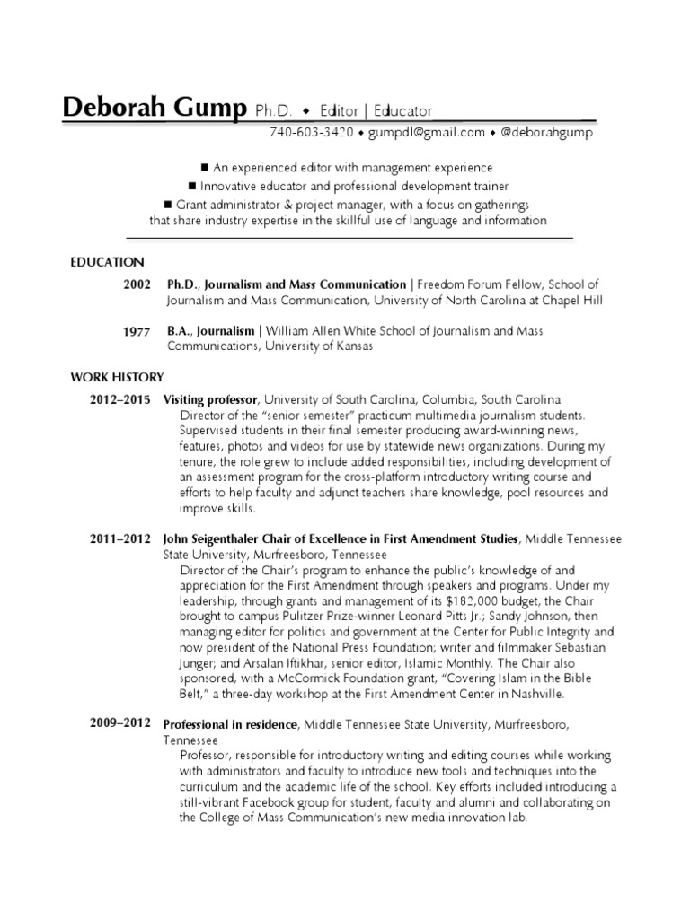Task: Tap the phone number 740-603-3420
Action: point(311,133)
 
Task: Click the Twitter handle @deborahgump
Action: point(546,133)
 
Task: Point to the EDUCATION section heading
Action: point(107,262)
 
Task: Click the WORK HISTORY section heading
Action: point(117,377)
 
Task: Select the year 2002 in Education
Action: point(137,284)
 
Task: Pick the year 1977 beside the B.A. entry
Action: point(137,331)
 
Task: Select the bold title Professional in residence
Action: point(229,724)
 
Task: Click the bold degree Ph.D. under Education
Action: point(182,284)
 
